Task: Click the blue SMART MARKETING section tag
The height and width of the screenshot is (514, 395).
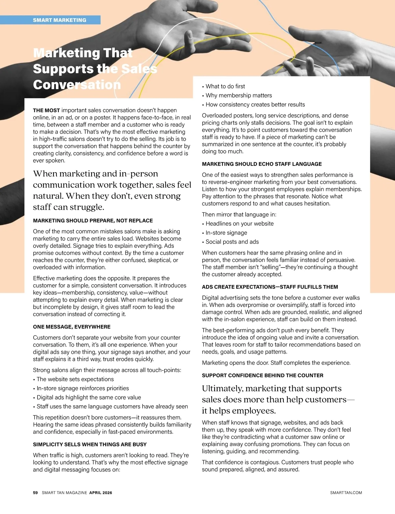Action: coord(59,20)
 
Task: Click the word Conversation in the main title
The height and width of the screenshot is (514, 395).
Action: coord(77,85)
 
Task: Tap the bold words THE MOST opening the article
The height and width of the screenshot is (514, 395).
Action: coord(46,110)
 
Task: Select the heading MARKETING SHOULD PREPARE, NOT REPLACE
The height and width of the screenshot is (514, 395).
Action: coord(93,221)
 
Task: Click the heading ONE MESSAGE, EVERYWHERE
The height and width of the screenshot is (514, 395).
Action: coord(72,327)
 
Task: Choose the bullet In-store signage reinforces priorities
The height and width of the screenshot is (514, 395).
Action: coord(83,388)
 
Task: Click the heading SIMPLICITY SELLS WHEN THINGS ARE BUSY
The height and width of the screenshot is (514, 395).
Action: coord(90,444)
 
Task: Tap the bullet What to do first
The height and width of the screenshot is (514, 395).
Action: coord(225,86)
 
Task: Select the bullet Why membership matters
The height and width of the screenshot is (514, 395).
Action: coord(239,96)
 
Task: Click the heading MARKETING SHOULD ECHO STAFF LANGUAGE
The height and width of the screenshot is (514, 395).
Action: coord(262,164)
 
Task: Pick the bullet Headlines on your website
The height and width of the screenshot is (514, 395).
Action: coord(240,224)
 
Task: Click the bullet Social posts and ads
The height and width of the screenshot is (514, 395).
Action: coord(232,242)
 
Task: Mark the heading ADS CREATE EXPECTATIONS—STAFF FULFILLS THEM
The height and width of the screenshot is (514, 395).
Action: coord(270,287)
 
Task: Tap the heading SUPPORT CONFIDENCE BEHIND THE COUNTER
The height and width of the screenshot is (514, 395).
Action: coord(262,375)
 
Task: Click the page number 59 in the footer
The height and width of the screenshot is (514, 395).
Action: coord(35,493)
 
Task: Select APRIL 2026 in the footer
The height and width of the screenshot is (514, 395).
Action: coord(100,493)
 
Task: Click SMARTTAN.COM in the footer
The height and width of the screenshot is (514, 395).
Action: coord(346,493)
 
